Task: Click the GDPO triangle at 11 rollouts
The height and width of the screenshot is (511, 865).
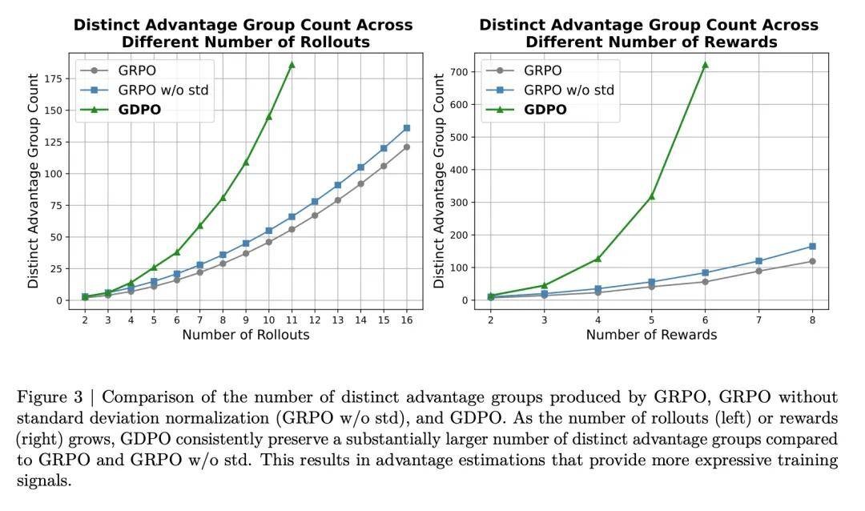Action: pos(292,64)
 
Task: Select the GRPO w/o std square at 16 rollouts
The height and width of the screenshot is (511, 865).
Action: pos(407,128)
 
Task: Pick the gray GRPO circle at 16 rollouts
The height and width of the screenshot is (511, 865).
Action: pos(407,147)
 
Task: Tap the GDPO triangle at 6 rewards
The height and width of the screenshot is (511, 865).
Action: pos(705,64)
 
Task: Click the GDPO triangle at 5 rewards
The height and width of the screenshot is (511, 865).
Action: pos(651,195)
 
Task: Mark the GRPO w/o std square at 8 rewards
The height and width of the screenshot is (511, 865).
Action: pos(812,247)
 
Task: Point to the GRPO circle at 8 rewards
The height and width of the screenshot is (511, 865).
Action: pos(812,261)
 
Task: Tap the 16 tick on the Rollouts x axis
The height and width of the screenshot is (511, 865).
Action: pos(407,320)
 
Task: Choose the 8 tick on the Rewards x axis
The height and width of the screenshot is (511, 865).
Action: pos(812,320)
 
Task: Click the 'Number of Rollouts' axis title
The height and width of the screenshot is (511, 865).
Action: pos(245,335)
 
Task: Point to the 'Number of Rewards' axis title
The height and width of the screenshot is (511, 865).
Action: pos(651,335)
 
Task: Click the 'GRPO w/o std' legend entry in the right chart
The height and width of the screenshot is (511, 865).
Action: pos(569,90)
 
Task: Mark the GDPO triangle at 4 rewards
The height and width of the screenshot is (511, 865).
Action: pos(597,259)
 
